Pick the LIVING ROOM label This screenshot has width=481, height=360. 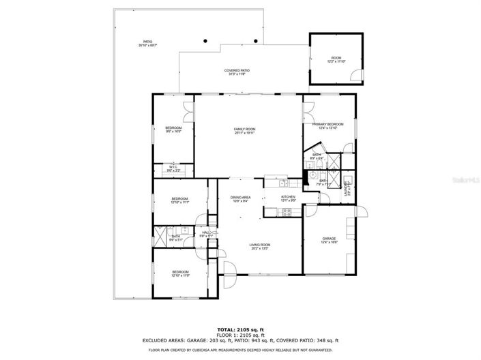(259, 246)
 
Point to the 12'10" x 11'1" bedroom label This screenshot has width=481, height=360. (179, 200)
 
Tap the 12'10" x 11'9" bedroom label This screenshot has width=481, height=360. (179, 273)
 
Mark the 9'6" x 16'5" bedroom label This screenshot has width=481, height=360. (173, 130)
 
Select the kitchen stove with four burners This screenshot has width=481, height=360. (287, 212)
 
